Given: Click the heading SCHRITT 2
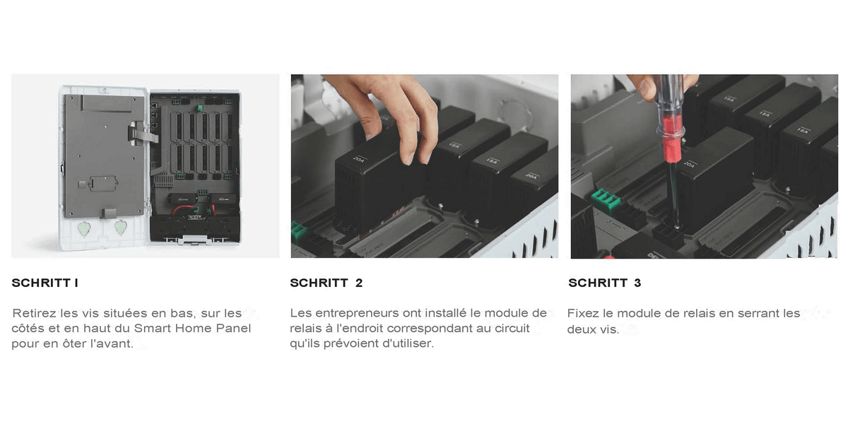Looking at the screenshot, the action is coord(326,283).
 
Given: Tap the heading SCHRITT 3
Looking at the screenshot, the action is coord(605,283).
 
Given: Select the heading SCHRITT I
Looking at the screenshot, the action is coord(45,283).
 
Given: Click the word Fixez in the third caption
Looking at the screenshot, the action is coord(584,313).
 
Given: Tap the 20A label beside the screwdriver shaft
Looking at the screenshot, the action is coord(690,164).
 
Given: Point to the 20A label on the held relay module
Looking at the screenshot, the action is coord(359,159).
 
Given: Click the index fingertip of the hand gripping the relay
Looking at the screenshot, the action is coord(408,158).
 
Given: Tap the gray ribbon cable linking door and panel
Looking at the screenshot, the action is coord(144,135).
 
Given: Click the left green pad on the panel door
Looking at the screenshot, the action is coord(84,229).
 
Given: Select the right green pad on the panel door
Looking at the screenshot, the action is coord(120,228).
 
